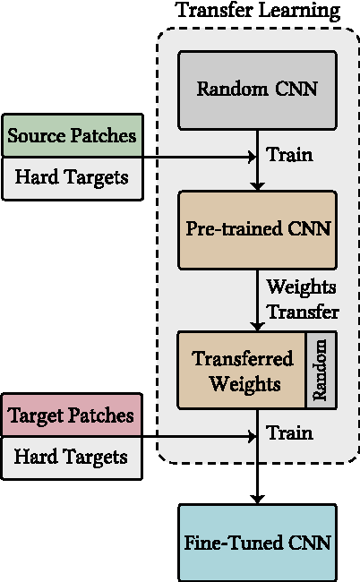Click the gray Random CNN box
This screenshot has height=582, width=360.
pyautogui.click(x=257, y=89)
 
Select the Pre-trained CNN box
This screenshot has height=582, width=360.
pyautogui.click(x=257, y=229)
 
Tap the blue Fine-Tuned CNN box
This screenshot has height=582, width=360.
pyautogui.click(x=257, y=543)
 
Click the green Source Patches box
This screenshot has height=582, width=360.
pyautogui.click(x=72, y=137)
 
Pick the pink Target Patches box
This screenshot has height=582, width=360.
pyautogui.click(x=72, y=416)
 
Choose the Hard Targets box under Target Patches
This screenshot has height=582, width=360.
pyautogui.click(x=72, y=458)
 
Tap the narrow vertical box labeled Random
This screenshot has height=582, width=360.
pyautogui.click(x=321, y=370)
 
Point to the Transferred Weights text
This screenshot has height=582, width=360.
pyautogui.click(x=243, y=371)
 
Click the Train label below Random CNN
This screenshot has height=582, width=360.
pyautogui.click(x=289, y=155)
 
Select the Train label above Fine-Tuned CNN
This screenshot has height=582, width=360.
pyautogui.click(x=289, y=433)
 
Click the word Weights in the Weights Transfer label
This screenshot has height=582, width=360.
pyautogui.click(x=301, y=287)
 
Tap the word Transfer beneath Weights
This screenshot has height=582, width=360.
pyautogui.click(x=303, y=312)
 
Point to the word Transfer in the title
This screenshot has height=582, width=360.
pyautogui.click(x=211, y=12)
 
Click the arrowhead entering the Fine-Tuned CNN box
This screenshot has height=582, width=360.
pyautogui.click(x=257, y=498)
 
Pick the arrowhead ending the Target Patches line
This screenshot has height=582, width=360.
pyautogui.click(x=251, y=437)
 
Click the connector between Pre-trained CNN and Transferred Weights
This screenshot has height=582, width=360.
pyautogui.click(x=257, y=300)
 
